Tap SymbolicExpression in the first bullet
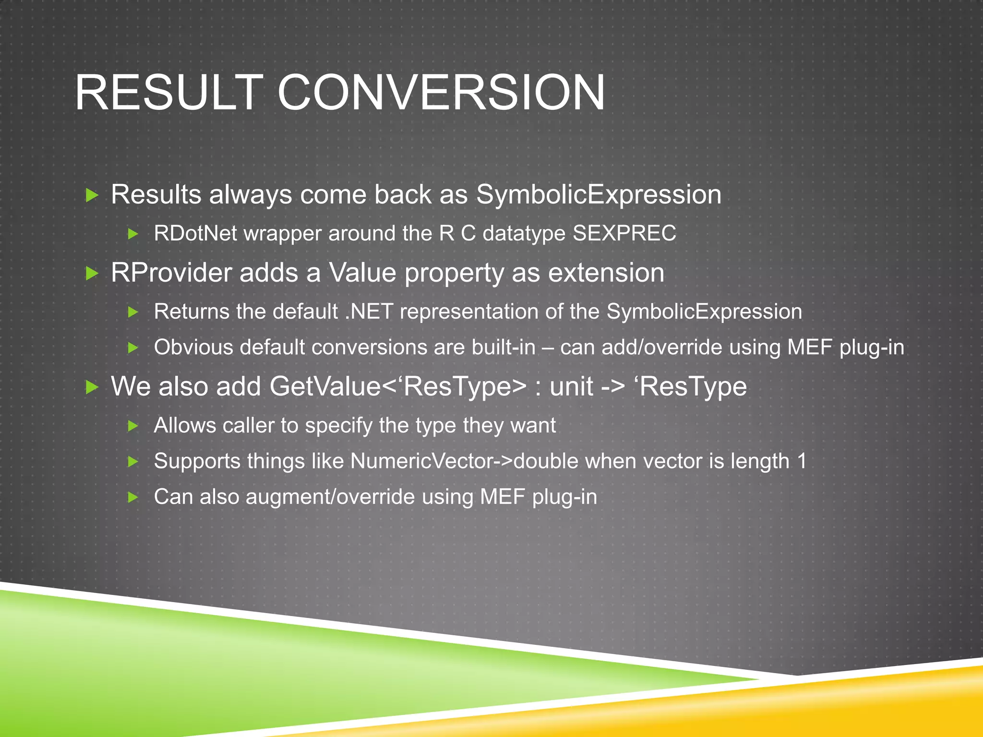599,195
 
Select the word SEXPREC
624,234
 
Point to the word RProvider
171,273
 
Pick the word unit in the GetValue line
571,387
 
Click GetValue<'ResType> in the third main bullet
398,387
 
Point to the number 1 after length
801,461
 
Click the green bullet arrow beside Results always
92,195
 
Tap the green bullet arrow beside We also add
92,387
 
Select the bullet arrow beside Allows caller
133,426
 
